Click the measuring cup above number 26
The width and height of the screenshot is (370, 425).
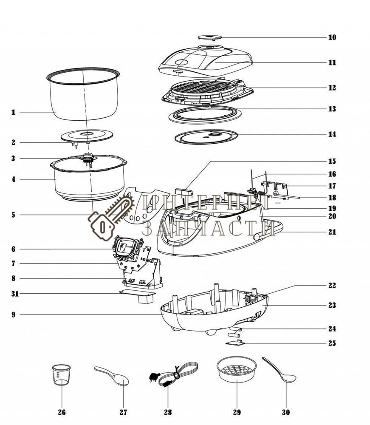click(61, 374)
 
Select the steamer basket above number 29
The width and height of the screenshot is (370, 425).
click(236, 371)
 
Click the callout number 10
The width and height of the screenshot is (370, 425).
click(332, 37)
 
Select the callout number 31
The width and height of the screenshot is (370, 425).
click(14, 294)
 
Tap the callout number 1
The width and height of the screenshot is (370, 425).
click(13, 113)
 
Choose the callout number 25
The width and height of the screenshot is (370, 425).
click(332, 343)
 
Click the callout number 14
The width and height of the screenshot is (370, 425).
click(332, 134)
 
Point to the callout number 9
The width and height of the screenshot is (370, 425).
click(14, 315)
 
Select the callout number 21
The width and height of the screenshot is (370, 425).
click(332, 232)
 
